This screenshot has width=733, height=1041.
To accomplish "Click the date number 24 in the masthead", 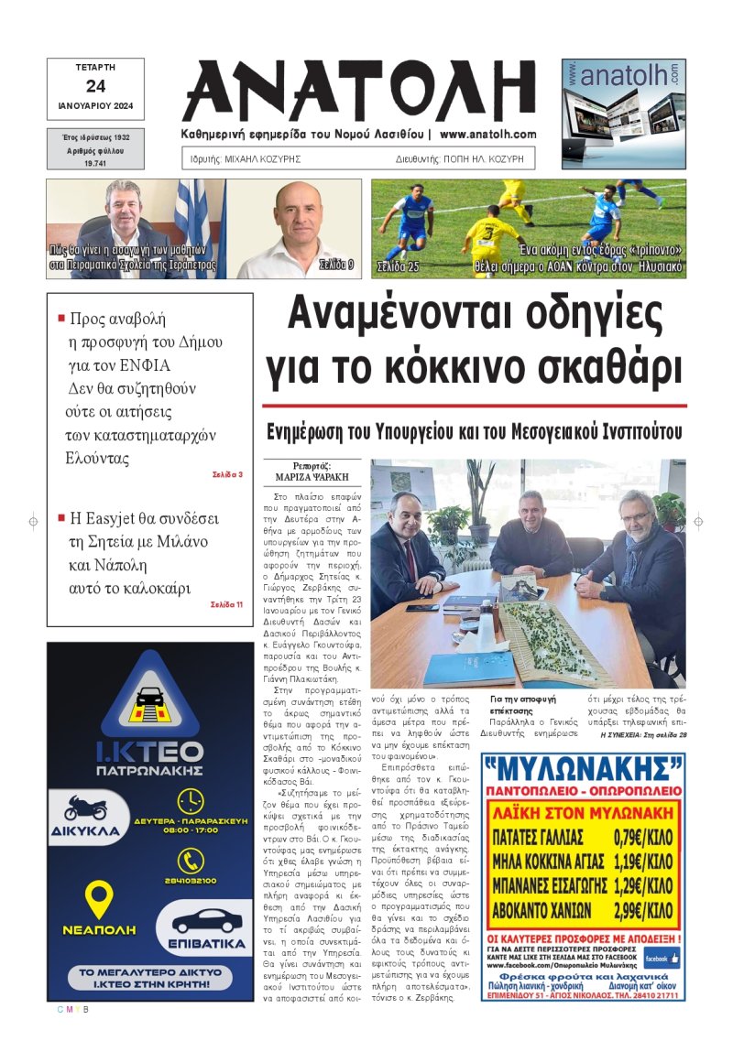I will pyautogui.click(x=95, y=87).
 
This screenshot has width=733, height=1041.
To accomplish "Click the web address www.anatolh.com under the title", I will pyautogui.click(x=488, y=134).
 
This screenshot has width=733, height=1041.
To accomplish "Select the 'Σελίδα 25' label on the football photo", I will pyautogui.click(x=398, y=267).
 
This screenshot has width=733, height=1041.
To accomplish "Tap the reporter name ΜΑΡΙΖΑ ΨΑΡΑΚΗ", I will pyautogui.click(x=312, y=477).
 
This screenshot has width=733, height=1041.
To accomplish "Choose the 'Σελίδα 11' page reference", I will pyautogui.click(x=226, y=604).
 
